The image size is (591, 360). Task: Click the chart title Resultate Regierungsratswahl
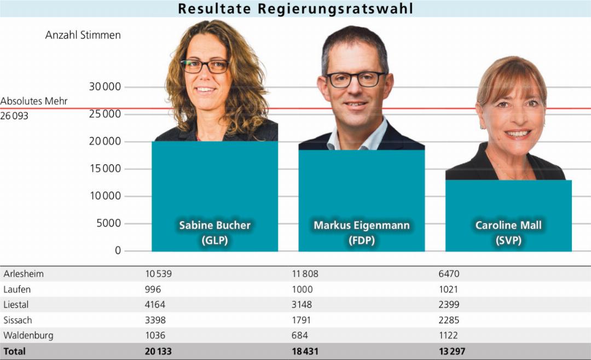tap(296, 9)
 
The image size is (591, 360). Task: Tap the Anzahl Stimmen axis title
tap(83, 35)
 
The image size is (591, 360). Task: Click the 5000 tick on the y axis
tap(107, 223)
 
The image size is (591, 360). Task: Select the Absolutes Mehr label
tap(34, 102)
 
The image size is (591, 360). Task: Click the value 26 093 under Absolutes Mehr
tap(14, 116)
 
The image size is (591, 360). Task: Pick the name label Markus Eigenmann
tap(361, 225)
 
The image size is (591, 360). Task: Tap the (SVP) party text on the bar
tap(508, 240)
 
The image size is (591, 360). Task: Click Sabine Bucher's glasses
tap(205, 66)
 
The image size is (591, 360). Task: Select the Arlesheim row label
tap(24, 274)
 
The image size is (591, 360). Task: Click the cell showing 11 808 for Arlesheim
tap(305, 274)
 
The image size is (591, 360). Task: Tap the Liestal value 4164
tap(155, 305)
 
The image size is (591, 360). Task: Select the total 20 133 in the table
tap(158, 351)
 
